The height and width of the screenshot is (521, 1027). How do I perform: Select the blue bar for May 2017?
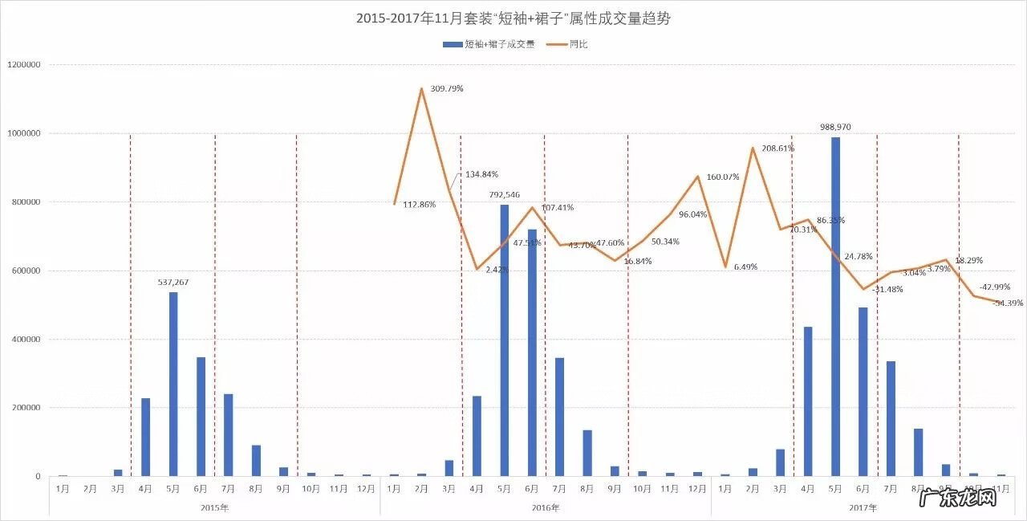(835, 306)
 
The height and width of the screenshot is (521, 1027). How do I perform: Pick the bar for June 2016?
(532, 352)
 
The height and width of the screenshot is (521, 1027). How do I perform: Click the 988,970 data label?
(835, 127)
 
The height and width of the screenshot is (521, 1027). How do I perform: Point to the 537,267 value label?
(173, 282)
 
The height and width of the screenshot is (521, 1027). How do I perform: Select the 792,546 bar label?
(505, 194)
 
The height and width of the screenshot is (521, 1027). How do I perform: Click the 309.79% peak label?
(447, 88)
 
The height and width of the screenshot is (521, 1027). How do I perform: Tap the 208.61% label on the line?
(777, 149)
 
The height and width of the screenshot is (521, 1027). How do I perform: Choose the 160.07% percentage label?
(723, 177)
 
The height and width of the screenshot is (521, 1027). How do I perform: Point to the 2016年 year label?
(546, 507)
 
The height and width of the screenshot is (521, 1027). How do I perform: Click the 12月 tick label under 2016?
(697, 488)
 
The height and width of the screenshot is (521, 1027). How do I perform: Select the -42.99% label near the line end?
(995, 287)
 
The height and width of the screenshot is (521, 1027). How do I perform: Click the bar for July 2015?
(229, 434)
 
